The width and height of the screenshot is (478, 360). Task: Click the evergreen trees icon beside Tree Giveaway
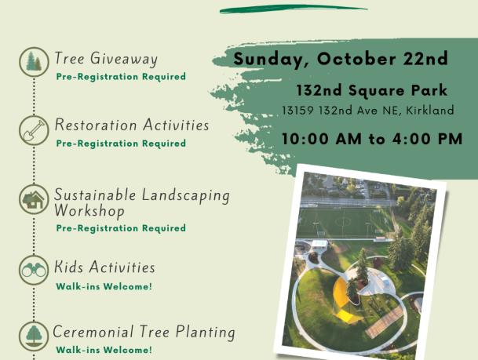pyautogui.click(x=34, y=62)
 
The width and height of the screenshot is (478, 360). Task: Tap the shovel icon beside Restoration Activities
pyautogui.click(x=34, y=130)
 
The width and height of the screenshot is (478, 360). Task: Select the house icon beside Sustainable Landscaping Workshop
pyautogui.click(x=34, y=199)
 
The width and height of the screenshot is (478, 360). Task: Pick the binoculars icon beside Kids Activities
pyautogui.click(x=34, y=270)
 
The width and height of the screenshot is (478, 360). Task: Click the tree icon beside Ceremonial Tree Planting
pyautogui.click(x=34, y=336)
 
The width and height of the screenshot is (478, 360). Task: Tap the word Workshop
pyautogui.click(x=89, y=211)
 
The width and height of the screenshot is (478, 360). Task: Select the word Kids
pyautogui.click(x=68, y=267)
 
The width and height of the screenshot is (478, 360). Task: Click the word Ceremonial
pyautogui.click(x=93, y=331)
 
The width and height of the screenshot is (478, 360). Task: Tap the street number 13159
pyautogui.click(x=297, y=110)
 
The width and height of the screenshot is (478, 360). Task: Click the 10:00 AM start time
pyautogui.click(x=322, y=139)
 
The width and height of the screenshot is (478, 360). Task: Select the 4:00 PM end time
pyautogui.click(x=428, y=139)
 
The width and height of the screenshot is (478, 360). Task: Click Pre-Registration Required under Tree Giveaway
pyautogui.click(x=121, y=77)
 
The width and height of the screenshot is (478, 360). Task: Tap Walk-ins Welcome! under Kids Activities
pyautogui.click(x=104, y=286)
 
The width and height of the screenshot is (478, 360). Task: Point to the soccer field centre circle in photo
pyautogui.click(x=344, y=221)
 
